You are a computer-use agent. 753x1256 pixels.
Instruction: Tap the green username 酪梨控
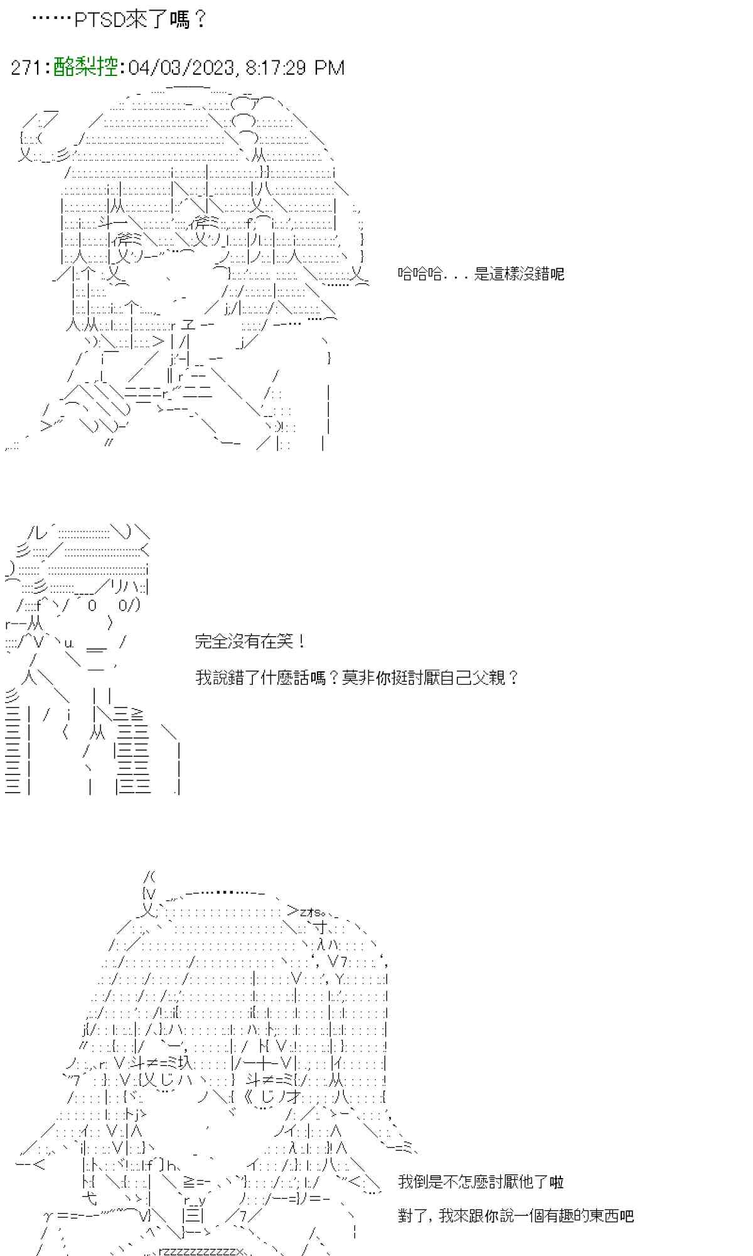(86, 67)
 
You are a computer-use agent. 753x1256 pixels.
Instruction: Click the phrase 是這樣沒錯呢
(520, 274)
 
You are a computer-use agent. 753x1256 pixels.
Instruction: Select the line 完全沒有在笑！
(250, 642)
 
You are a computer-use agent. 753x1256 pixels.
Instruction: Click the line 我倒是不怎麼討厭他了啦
(481, 1182)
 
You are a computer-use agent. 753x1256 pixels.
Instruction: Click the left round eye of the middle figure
(92, 606)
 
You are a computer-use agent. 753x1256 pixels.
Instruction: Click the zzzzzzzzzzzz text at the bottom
(201, 1251)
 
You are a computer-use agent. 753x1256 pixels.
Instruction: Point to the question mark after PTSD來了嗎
(200, 20)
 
